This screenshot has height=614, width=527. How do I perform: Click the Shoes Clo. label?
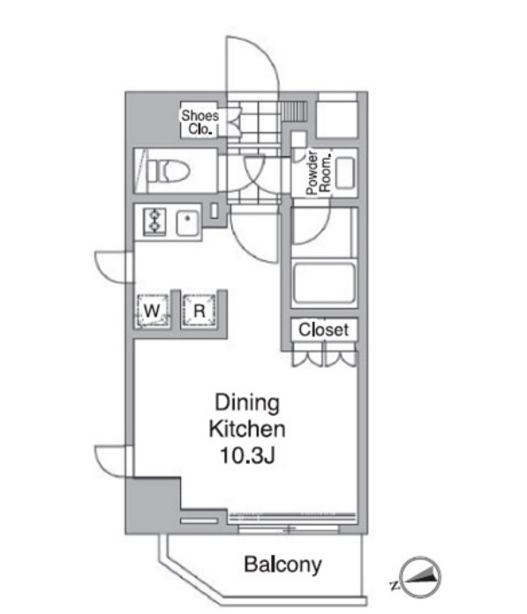click(200, 122)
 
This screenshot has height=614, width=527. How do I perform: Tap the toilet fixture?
click(169, 171)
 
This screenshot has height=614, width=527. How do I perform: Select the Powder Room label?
click(319, 172)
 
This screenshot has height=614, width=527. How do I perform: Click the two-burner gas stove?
click(155, 221)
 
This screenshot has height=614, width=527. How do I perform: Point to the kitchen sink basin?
click(187, 222)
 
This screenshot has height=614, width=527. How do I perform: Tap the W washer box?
click(153, 311)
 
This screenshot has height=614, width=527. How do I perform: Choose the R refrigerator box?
click(199, 311)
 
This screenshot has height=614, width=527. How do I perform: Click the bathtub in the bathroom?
click(324, 282)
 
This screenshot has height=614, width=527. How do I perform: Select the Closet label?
click(323, 330)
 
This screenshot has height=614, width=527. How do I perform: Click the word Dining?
click(247, 403)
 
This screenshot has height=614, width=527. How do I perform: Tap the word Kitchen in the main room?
click(247, 429)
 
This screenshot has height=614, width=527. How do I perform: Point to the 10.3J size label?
click(247, 455)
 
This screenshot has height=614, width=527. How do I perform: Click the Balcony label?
click(282, 565)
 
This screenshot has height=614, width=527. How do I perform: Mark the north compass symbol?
click(421, 577)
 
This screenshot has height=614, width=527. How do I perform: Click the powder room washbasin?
click(345, 173)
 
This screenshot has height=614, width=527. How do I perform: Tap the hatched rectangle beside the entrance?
click(293, 111)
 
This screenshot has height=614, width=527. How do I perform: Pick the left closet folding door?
click(307, 358)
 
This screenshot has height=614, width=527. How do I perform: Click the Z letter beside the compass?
click(395, 586)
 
